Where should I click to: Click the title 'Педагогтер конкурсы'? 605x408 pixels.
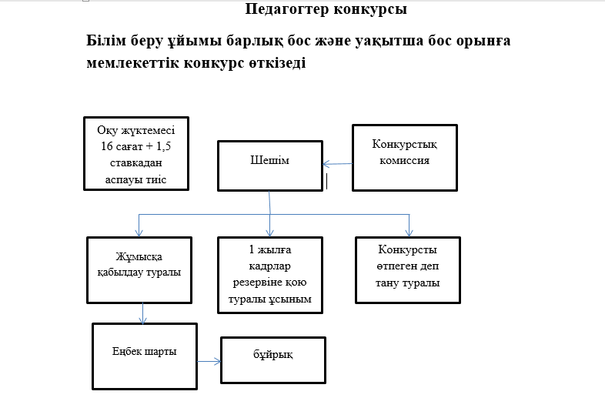click(x=326, y=10)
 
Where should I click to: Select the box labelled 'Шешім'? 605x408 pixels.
click(x=269, y=164)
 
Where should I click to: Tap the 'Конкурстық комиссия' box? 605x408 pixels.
click(x=405, y=157)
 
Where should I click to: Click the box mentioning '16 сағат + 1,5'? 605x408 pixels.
click(x=135, y=153)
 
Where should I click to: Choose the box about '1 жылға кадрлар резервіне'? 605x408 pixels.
click(x=269, y=275)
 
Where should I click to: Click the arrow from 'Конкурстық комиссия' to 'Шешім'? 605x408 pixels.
click(x=337, y=164)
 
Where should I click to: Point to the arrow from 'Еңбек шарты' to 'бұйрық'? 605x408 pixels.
click(x=208, y=360)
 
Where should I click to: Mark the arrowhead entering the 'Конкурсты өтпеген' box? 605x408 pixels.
click(x=409, y=232)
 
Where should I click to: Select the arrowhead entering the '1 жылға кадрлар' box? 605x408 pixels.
click(x=270, y=232)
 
